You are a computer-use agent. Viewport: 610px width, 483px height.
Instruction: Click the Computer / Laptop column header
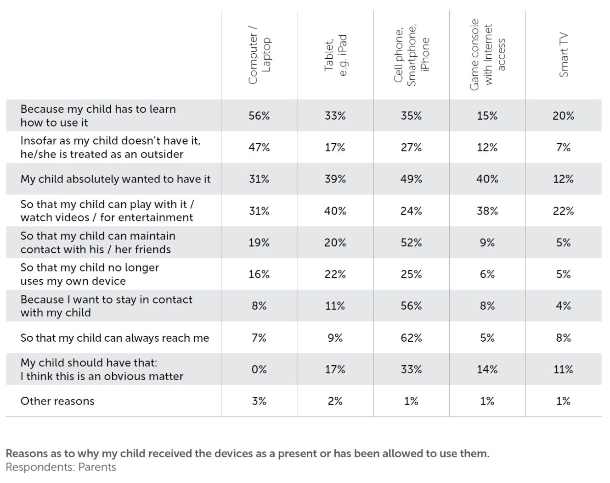pyautogui.click(x=259, y=56)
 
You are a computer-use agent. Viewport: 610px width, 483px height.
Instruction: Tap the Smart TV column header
pyautogui.click(x=564, y=55)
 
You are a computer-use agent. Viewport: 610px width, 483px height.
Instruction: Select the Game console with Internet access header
pyautogui.click(x=487, y=55)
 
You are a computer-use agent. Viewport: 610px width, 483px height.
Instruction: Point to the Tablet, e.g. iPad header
pyautogui.click(x=335, y=56)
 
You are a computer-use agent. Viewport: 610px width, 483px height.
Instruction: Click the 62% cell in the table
pyautogui.click(x=411, y=338)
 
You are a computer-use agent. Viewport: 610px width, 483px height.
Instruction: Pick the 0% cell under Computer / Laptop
pyautogui.click(x=259, y=369)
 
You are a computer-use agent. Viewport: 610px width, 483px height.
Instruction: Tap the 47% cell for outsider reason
pyautogui.click(x=259, y=148)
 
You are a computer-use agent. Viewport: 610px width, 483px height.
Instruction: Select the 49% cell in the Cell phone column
pyautogui.click(x=411, y=179)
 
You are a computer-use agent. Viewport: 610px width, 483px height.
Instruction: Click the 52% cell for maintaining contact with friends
pyautogui.click(x=411, y=243)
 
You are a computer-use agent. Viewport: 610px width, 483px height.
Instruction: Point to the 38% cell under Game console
pyautogui.click(x=487, y=211)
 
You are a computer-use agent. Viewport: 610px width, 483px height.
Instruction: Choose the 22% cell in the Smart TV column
pyautogui.click(x=564, y=211)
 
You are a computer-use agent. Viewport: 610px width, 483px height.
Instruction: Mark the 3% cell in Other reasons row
pyautogui.click(x=259, y=401)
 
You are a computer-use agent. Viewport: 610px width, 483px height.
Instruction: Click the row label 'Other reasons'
pyautogui.click(x=57, y=401)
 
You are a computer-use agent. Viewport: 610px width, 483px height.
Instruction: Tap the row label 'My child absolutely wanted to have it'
pyautogui.click(x=115, y=179)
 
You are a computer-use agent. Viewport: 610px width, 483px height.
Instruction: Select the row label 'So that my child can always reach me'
pyautogui.click(x=114, y=338)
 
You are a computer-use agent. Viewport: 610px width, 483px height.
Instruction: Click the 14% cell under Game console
pyautogui.click(x=487, y=369)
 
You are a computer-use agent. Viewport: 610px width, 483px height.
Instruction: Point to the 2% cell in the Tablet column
pyautogui.click(x=335, y=401)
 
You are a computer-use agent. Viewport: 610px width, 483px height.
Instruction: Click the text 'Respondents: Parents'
pyautogui.click(x=61, y=467)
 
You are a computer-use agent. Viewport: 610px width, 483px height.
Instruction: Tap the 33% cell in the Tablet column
pyautogui.click(x=335, y=116)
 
